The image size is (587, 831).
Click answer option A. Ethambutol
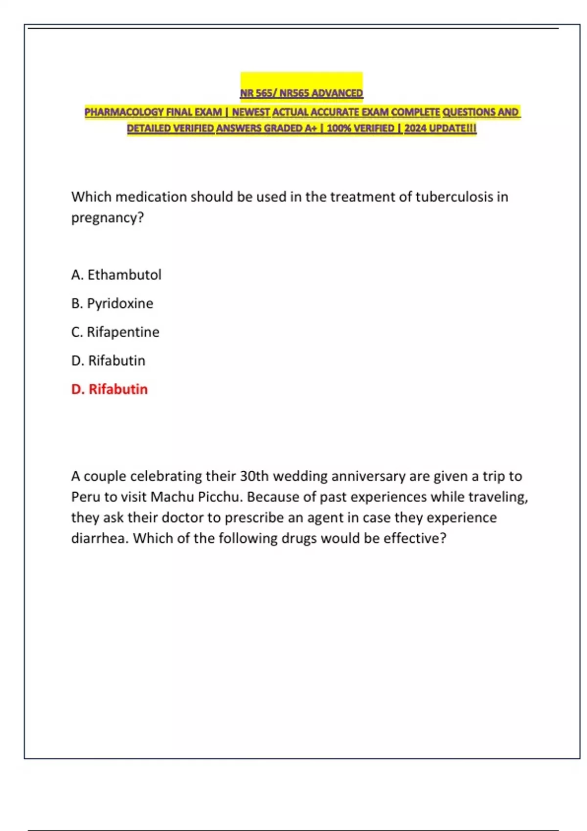116,275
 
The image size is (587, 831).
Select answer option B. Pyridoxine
112,304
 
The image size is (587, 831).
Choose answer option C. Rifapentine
115,332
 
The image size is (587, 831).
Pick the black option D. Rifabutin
108,361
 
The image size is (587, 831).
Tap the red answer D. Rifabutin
109,389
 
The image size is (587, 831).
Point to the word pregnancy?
108,218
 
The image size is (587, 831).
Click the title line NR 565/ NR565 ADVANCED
301,93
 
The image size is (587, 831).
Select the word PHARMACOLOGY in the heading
124,112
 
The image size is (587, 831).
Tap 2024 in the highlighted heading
415,128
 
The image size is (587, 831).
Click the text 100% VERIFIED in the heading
360,128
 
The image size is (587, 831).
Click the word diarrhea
100,538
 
